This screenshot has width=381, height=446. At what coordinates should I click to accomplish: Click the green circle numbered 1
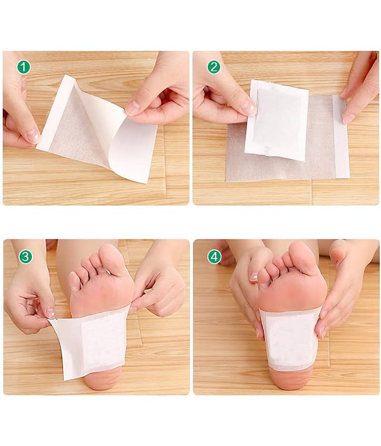pos(23,67)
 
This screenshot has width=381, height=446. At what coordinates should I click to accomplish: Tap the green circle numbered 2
pos(214,67)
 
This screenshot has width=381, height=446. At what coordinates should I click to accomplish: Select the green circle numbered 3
pos(26,256)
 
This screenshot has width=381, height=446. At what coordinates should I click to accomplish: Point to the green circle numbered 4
pos(214,257)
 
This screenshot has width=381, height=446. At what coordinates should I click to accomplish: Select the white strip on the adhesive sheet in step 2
pos(341,137)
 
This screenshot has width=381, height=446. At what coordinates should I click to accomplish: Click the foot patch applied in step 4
pos(290,338)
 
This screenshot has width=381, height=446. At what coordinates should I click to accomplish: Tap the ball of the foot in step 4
pos(293,293)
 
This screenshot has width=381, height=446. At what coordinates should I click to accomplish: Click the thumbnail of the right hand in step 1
pos(133,107)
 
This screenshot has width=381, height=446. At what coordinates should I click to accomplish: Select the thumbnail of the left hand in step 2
pos(248,108)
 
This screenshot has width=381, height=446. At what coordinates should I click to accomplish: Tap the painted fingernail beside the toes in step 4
pos(254,277)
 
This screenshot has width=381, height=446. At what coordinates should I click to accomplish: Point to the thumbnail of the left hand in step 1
pos(33,136)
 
